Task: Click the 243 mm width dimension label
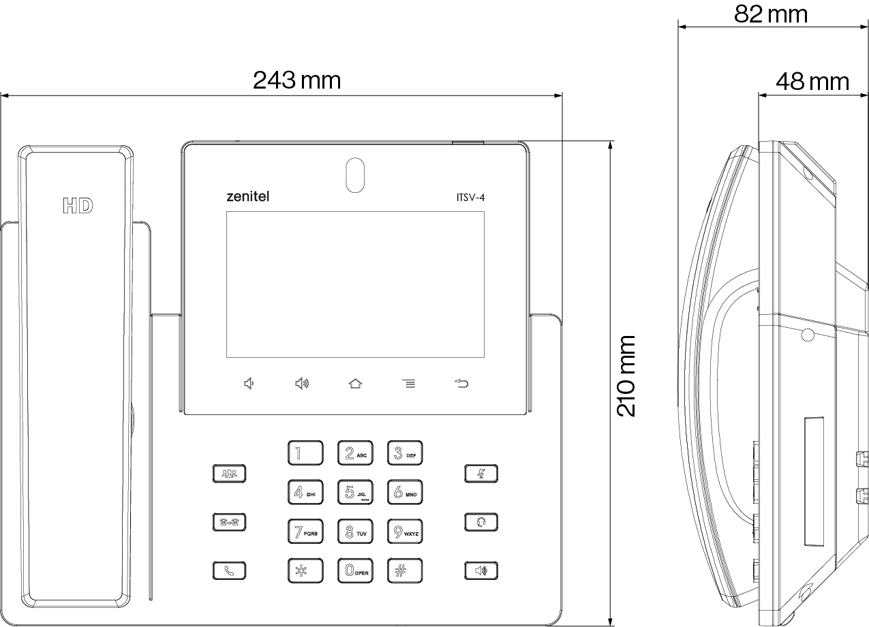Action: tap(296, 80)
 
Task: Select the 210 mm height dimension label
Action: tap(626, 376)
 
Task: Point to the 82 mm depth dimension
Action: tap(770, 14)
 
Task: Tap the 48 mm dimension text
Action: tap(812, 82)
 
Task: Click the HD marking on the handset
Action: tap(78, 206)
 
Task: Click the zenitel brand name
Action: tap(247, 197)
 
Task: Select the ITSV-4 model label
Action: tap(470, 198)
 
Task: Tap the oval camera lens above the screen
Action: tap(354, 175)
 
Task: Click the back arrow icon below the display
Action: tap(462, 384)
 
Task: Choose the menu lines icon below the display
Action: tap(408, 384)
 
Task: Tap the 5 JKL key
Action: tap(355, 492)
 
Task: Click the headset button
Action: tap(481, 523)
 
